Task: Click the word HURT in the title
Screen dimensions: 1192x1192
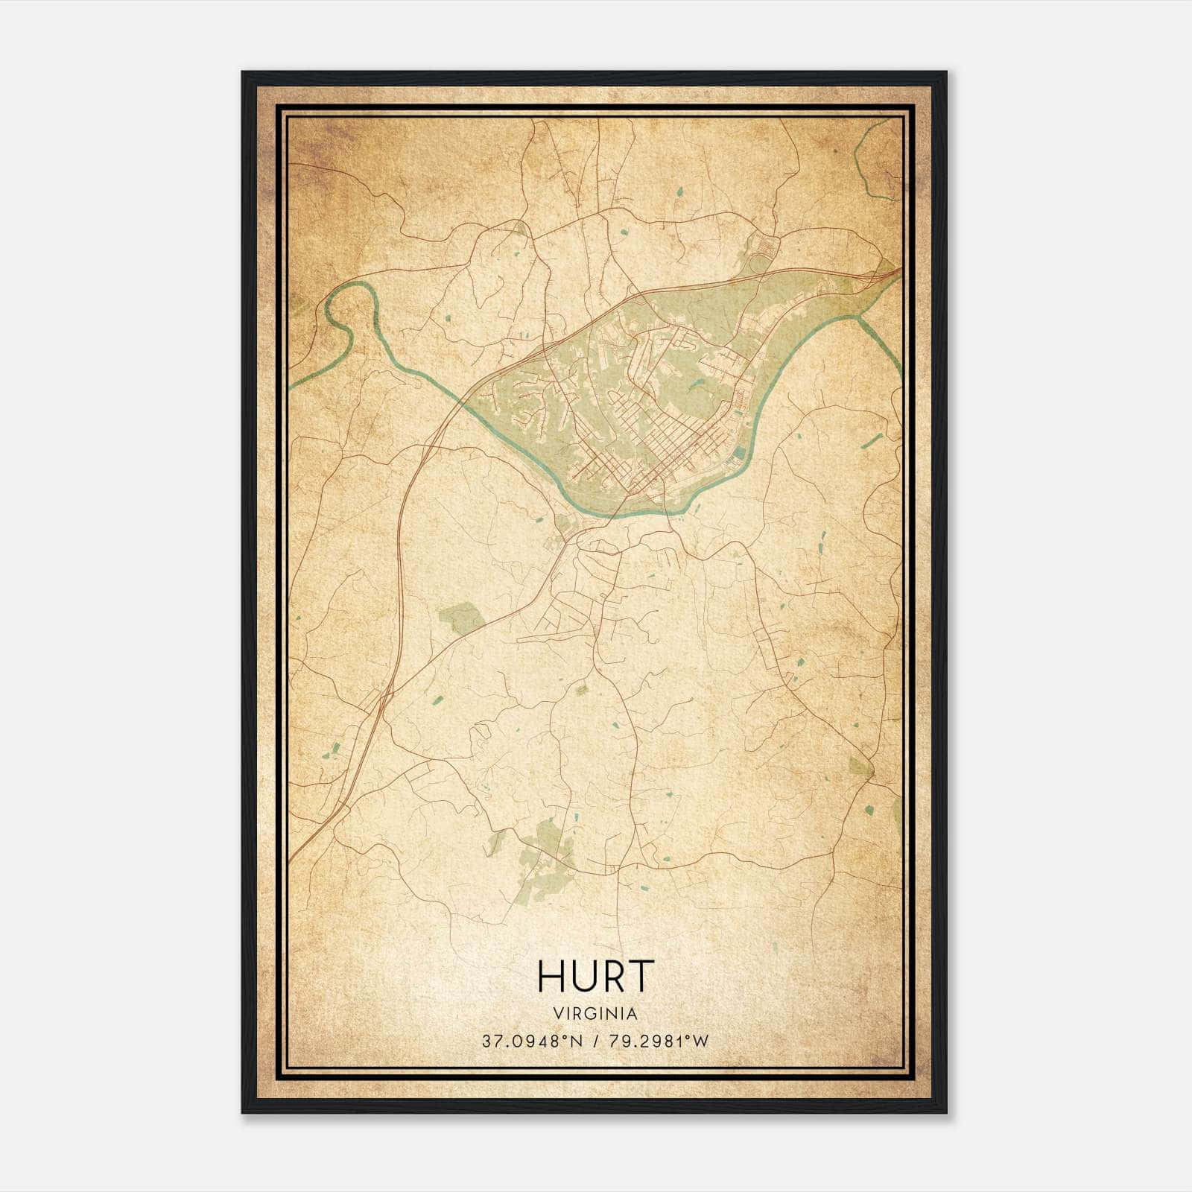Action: click(595, 977)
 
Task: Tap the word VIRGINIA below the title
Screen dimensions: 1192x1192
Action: click(595, 1014)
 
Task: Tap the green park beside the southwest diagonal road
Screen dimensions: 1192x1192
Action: click(462, 618)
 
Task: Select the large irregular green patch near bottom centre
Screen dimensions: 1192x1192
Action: click(548, 849)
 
